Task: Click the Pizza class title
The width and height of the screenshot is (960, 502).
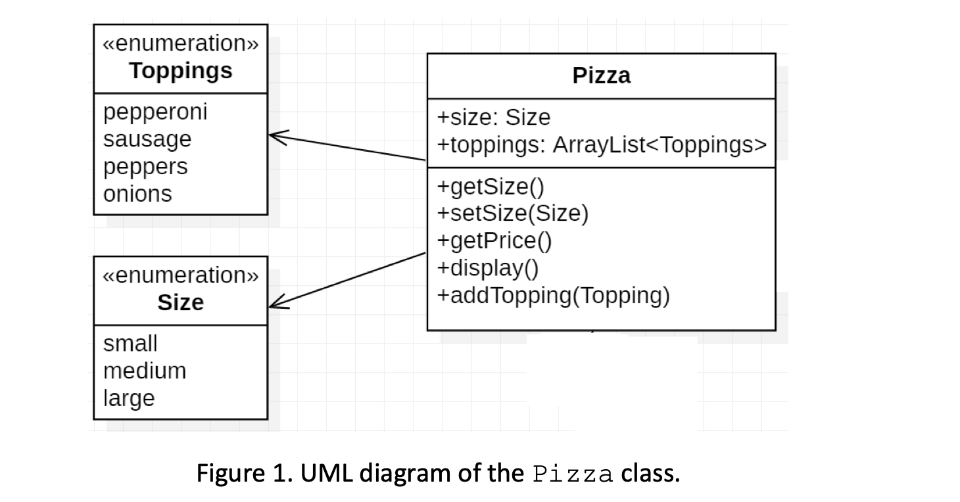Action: [601, 76]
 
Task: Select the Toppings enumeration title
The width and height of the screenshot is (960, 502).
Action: [180, 71]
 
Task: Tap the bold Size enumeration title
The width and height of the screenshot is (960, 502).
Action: [180, 303]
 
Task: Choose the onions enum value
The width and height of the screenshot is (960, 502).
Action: [137, 194]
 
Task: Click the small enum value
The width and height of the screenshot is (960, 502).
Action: [130, 344]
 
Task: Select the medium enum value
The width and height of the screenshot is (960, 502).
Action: [145, 371]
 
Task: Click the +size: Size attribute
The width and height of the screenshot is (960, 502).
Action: [493, 118]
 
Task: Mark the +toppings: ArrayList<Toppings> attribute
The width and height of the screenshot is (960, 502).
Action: [602, 145]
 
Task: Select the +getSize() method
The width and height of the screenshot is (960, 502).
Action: [491, 187]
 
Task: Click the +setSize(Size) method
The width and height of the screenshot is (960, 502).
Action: [513, 214]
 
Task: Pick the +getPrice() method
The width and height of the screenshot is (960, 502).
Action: [494, 241]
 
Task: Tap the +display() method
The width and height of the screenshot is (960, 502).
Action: [488, 269]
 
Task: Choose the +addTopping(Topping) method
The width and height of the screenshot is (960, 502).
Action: [553, 296]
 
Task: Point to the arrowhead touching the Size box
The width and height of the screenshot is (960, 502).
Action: [279, 302]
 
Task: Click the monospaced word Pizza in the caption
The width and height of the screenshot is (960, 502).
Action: [573, 474]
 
